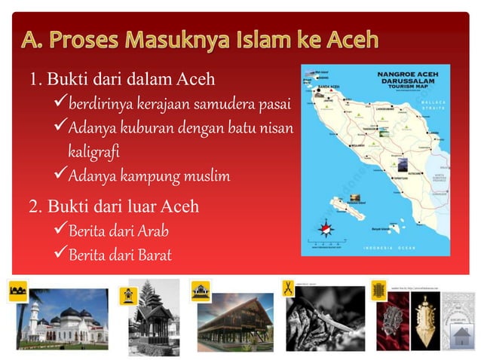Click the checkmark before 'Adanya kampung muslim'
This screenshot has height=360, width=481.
pyautogui.click(x=61, y=176)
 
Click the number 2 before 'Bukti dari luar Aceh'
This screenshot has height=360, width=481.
pyautogui.click(x=34, y=206)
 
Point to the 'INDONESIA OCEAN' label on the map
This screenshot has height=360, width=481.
pyautogui.click(x=400, y=248)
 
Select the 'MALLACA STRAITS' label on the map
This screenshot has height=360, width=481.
pyautogui.click(x=435, y=105)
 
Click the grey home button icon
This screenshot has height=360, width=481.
pyautogui.click(x=462, y=334)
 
